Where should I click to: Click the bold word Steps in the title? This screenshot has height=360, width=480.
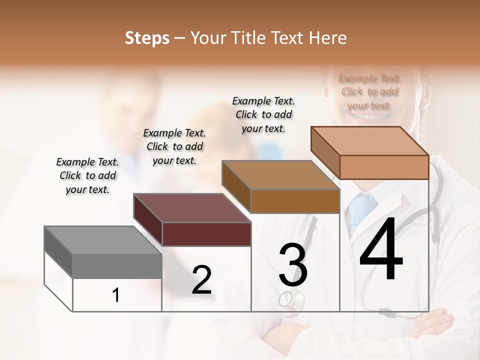[x=147, y=38]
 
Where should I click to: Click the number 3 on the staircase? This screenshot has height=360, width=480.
[x=293, y=265]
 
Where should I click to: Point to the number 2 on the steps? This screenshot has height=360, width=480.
[x=201, y=280]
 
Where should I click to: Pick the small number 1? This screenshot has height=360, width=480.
[x=115, y=295]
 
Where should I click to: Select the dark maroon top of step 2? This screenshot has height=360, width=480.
[x=192, y=220]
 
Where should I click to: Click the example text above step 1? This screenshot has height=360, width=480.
[x=87, y=175]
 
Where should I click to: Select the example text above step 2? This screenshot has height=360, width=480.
[x=174, y=146]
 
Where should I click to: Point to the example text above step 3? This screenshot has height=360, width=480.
[x=263, y=114]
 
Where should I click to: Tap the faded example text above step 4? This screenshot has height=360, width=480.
[x=369, y=91]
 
